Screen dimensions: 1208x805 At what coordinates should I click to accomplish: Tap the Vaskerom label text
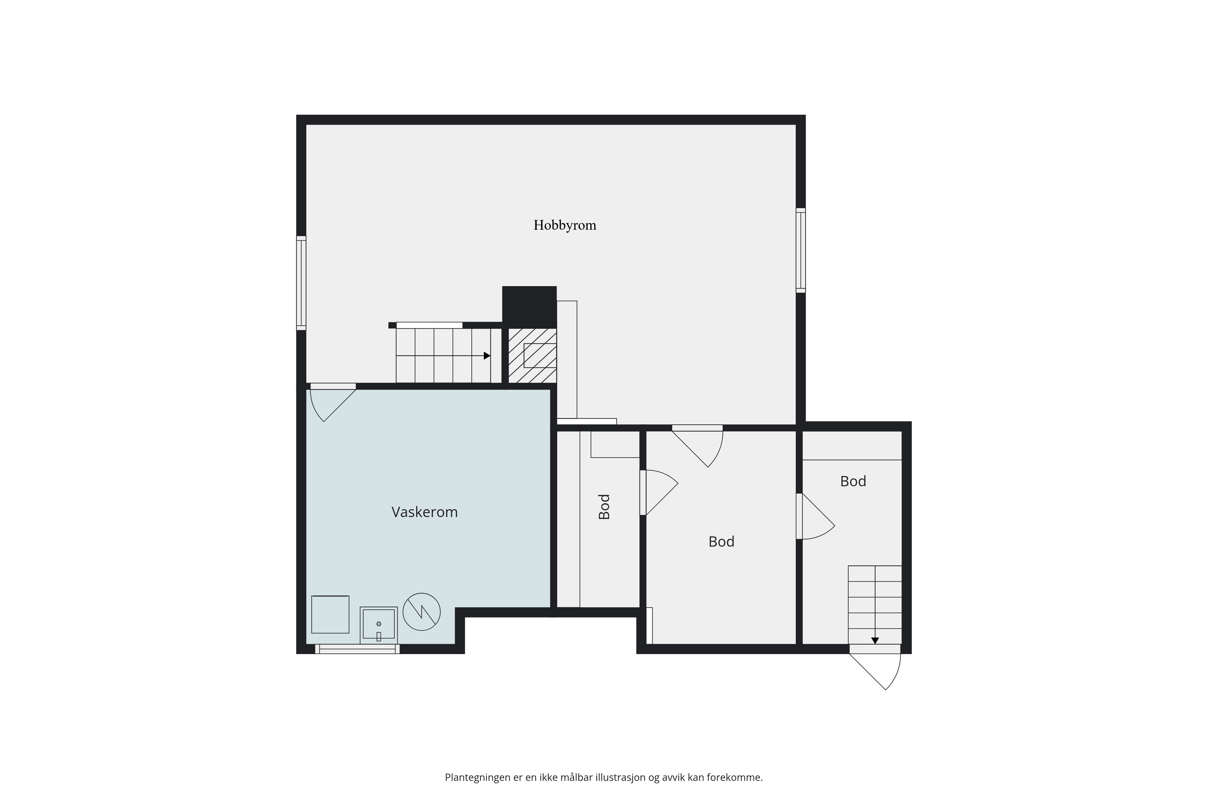(x=424, y=512)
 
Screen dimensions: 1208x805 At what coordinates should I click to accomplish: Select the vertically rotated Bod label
(x=605, y=507)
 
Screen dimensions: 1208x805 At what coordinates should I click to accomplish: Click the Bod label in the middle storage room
(x=721, y=541)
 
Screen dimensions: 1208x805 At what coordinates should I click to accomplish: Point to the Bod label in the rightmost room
(x=853, y=481)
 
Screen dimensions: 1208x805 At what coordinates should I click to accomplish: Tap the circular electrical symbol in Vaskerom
(x=422, y=612)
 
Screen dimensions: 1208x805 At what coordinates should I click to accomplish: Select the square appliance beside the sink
(x=330, y=615)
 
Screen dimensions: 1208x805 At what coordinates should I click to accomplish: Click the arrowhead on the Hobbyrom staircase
(x=487, y=356)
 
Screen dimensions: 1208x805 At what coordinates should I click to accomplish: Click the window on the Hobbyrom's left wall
(x=301, y=283)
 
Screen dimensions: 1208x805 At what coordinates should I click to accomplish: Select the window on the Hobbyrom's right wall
(x=801, y=251)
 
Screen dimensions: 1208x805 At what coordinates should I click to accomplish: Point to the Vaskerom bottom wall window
(x=358, y=649)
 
